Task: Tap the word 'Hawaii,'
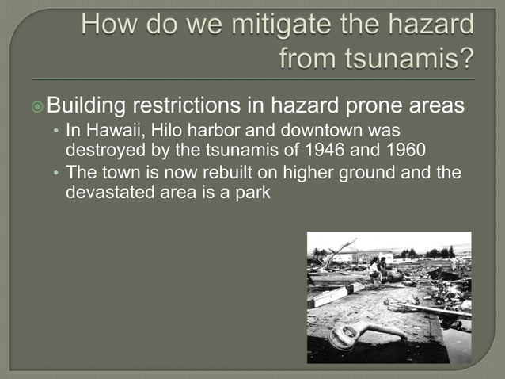111,130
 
